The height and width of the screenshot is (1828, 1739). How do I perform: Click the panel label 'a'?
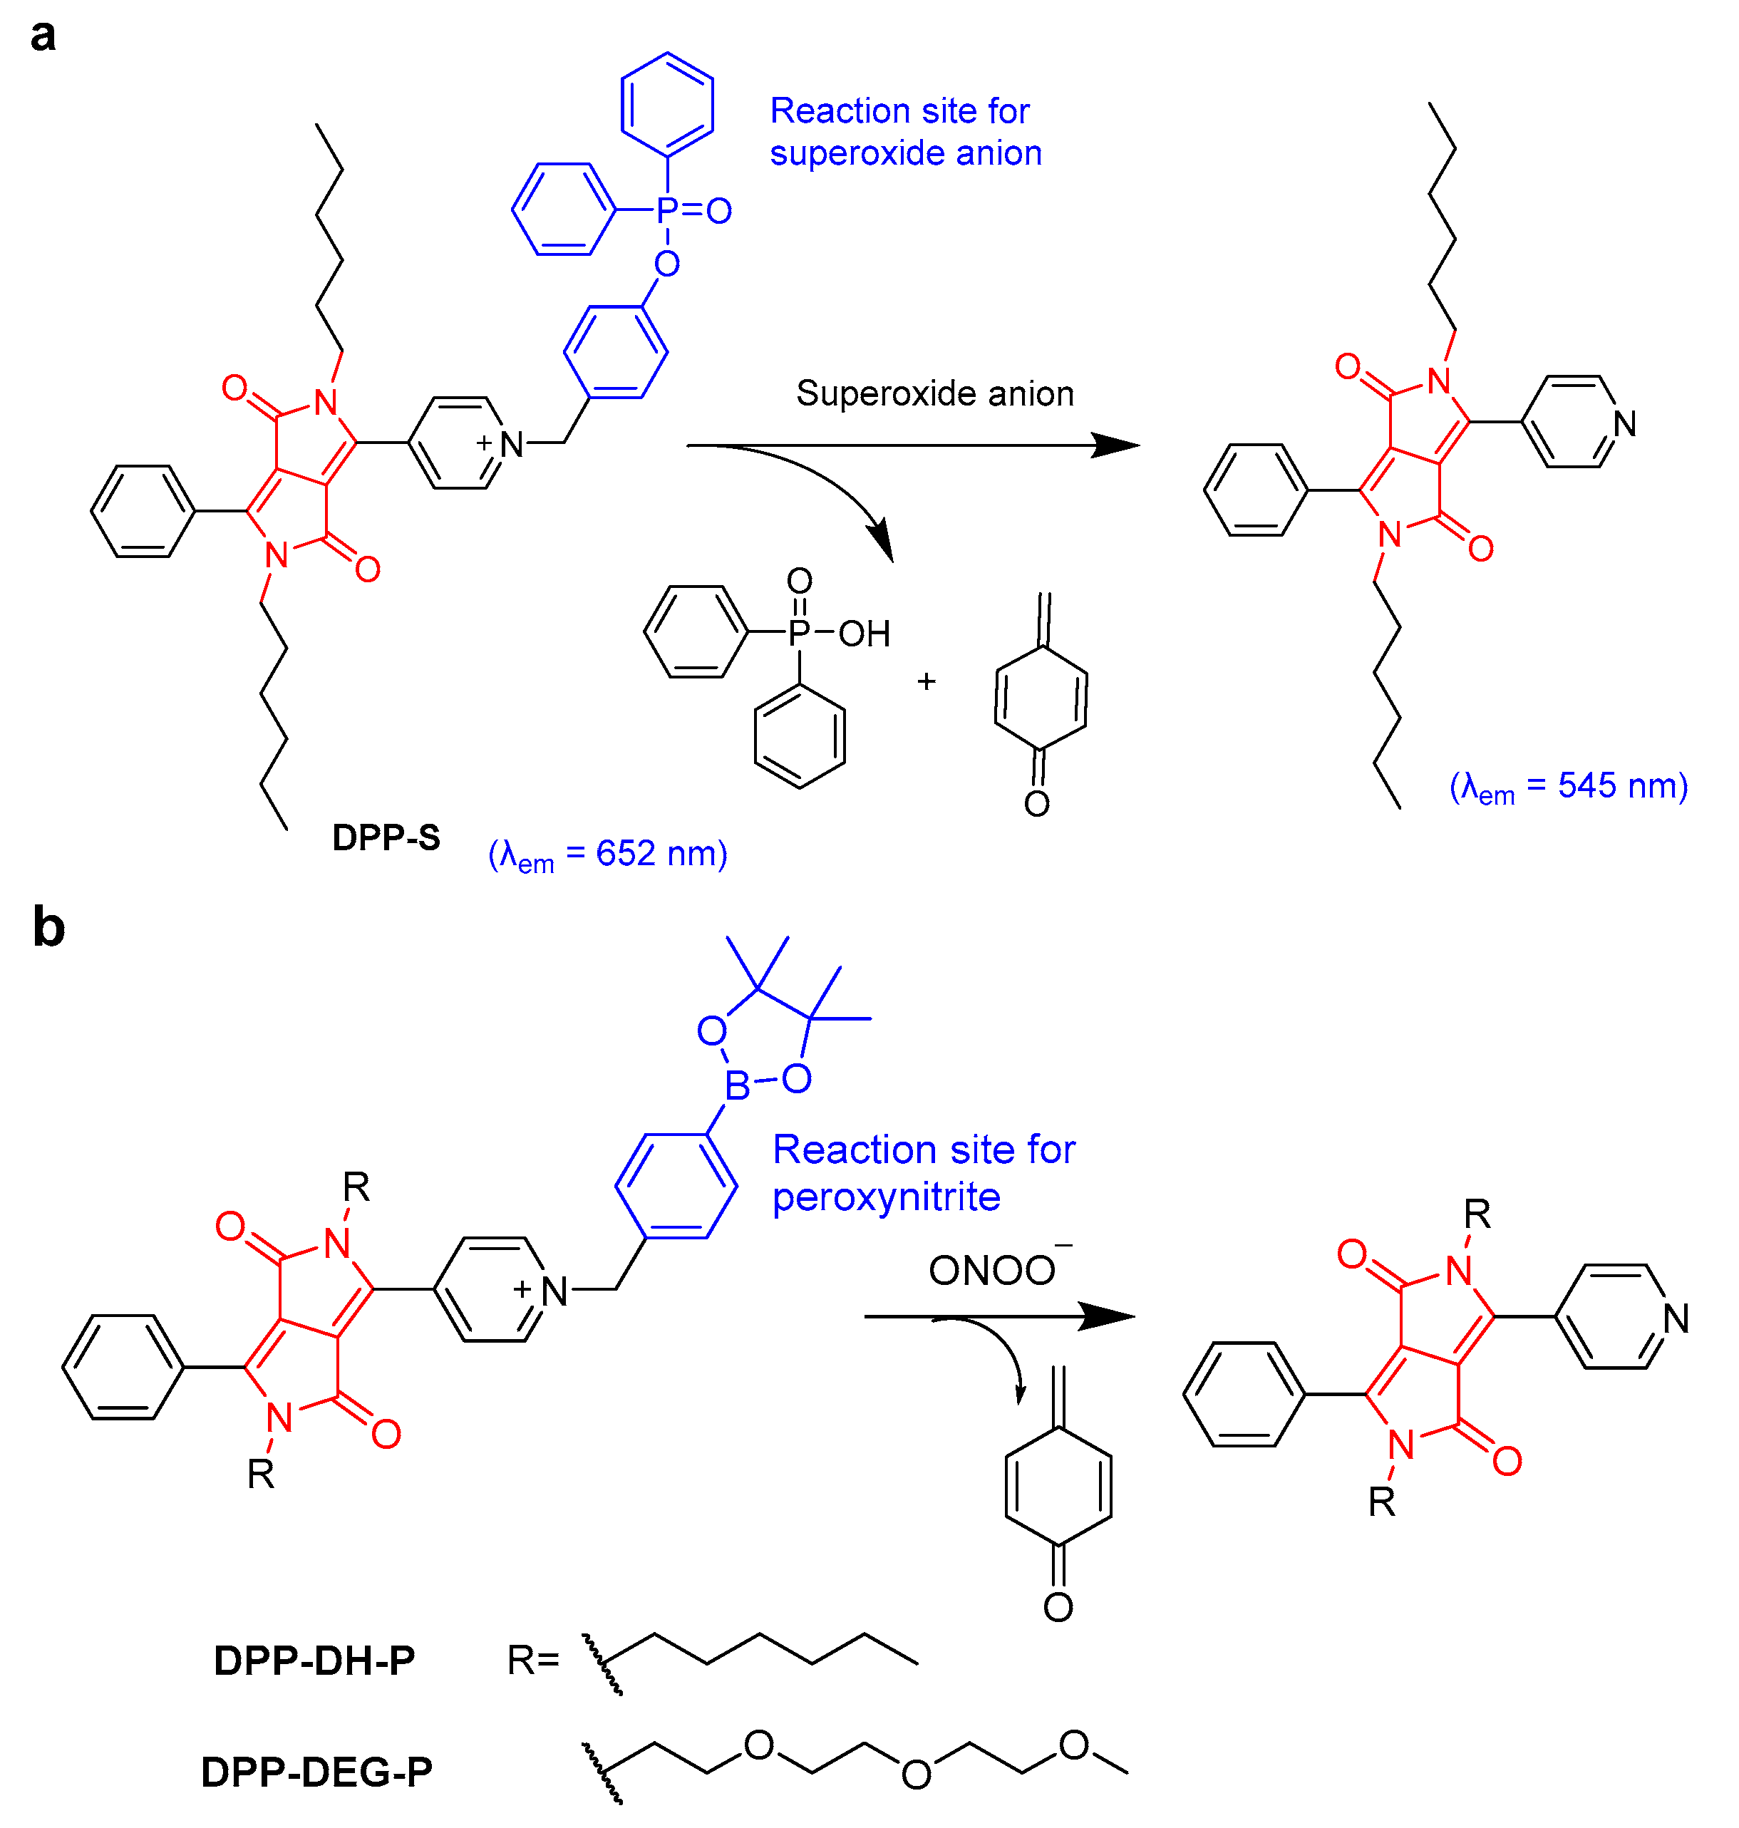coord(43,36)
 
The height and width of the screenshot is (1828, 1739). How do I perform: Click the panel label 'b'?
coord(48,927)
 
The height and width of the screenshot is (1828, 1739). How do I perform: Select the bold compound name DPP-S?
coord(386,838)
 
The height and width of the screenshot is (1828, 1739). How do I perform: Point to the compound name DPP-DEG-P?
coord(316,1772)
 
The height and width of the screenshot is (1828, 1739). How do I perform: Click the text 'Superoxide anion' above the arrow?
coord(934,394)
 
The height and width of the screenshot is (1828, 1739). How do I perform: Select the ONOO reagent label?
coord(992,1271)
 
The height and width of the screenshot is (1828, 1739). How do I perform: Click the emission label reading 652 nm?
coord(608,854)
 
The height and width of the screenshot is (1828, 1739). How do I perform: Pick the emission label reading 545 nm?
coord(1569,786)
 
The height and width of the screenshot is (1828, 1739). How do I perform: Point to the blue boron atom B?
coord(737,1085)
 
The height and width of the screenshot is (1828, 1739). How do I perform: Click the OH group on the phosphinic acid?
coord(864,634)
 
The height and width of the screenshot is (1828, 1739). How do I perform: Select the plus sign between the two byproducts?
coord(926,681)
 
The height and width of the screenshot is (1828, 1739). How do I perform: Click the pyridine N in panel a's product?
coord(1624,423)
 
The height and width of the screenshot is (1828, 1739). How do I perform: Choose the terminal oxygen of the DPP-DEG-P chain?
coord(1073,1745)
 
